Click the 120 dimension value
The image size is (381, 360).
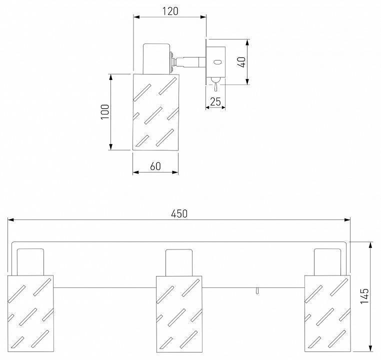point(170,11)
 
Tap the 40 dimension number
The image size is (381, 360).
point(241,62)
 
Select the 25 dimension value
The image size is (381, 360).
point(215,101)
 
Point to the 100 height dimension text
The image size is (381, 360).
point(105,111)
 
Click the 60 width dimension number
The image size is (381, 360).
point(155,166)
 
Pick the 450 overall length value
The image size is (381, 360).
point(179,214)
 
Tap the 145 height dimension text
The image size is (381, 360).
point(364,296)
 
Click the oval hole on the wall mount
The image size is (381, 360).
point(217,62)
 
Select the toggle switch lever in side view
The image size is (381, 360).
point(215,84)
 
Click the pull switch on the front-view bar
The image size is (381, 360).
point(257,291)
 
